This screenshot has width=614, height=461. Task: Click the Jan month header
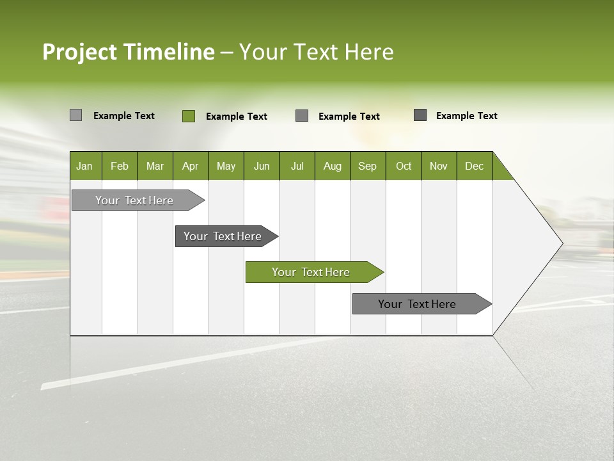click(85, 166)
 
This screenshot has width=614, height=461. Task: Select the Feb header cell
click(120, 166)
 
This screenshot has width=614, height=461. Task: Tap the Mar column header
click(155, 166)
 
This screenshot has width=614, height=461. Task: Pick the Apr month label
click(191, 166)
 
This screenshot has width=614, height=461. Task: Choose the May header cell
click(226, 166)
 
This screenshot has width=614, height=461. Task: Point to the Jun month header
click(262, 166)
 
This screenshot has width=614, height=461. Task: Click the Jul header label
click(297, 166)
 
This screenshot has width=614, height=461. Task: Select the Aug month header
click(333, 166)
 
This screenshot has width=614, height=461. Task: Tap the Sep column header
click(368, 166)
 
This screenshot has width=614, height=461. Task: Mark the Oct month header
click(404, 166)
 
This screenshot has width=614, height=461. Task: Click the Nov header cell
click(439, 166)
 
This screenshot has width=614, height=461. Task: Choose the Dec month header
click(475, 166)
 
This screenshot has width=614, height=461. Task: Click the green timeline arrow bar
click(313, 272)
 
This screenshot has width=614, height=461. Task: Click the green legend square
click(189, 116)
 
